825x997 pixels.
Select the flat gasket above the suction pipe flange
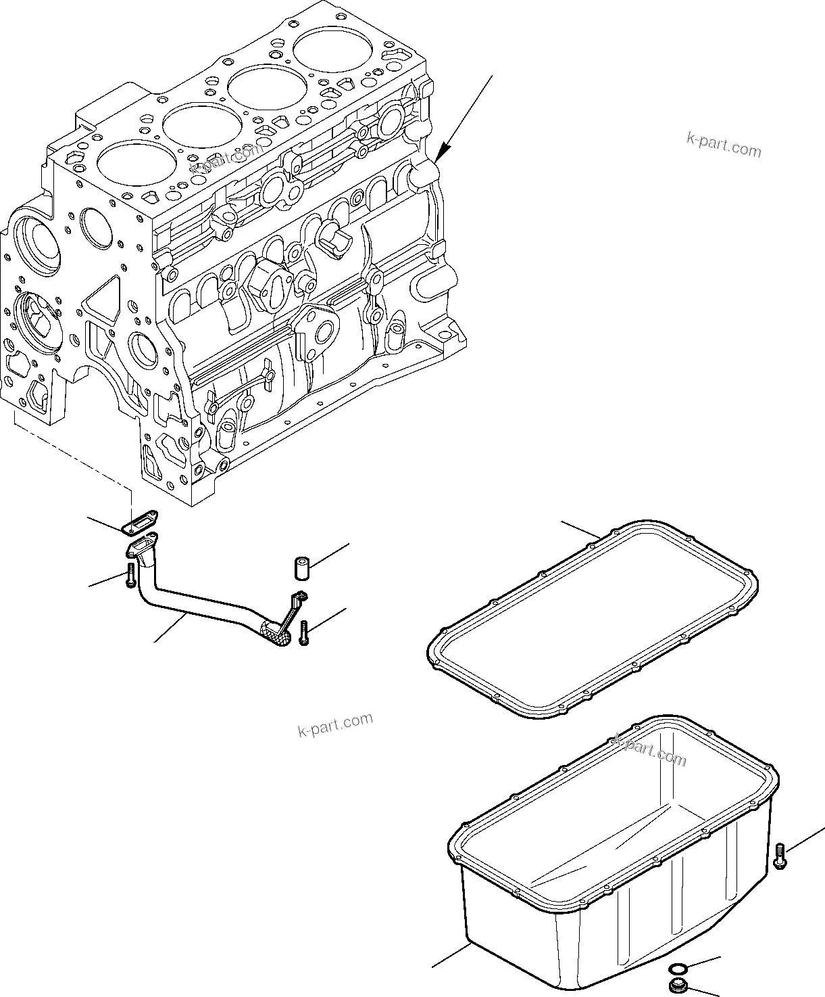(141, 521)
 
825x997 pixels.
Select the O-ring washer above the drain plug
(676, 969)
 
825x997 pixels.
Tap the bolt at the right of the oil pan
(780, 856)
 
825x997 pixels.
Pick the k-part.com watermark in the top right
(724, 145)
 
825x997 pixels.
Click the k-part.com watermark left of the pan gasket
(335, 724)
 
